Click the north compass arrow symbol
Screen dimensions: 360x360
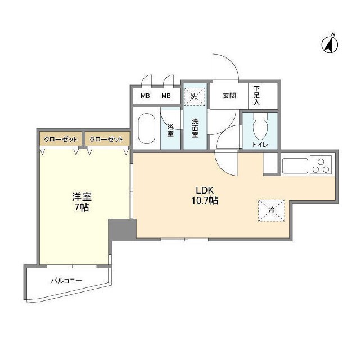tap(329, 44)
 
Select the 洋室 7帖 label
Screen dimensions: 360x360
tap(81, 202)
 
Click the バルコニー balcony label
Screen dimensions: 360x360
tap(66, 280)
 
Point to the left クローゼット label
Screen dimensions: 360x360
tap(60, 138)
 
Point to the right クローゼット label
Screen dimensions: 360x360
tap(106, 138)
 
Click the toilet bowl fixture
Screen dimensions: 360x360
tap(259, 128)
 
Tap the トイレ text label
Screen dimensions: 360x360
tap(260, 145)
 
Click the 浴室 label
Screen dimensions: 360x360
tap(170, 130)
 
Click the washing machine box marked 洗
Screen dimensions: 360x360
tap(195, 96)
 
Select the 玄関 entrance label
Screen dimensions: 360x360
tap(229, 96)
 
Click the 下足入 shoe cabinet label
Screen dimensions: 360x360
tap(256, 96)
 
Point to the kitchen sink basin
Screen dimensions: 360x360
tap(295, 166)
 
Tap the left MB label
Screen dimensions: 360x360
tap(145, 96)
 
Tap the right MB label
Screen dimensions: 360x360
tap(166, 96)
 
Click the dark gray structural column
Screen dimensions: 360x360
tap(121, 229)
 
